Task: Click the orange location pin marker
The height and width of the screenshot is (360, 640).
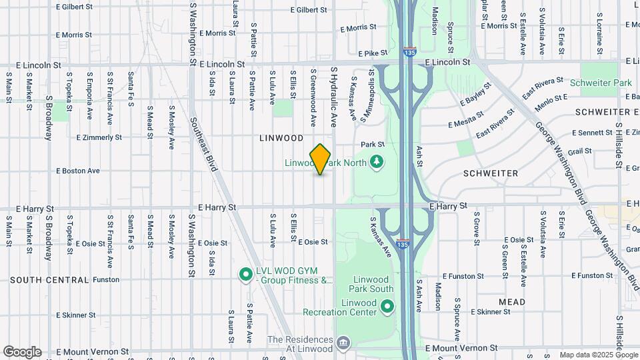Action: (x=321, y=159)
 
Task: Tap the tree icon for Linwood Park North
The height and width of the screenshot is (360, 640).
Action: (x=377, y=161)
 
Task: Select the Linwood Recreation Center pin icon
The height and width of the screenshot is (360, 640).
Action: (x=387, y=306)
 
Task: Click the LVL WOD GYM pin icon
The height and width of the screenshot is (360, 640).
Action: (x=245, y=273)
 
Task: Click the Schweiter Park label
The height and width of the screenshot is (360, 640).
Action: (x=600, y=83)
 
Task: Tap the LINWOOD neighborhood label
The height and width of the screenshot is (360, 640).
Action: (x=281, y=138)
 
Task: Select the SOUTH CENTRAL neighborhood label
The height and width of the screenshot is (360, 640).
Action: (x=45, y=280)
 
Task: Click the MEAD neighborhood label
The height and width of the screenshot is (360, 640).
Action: (x=511, y=302)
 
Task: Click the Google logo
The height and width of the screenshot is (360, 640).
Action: (x=22, y=352)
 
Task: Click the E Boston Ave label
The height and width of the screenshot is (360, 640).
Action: (x=78, y=171)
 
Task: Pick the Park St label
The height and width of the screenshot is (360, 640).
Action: (x=373, y=144)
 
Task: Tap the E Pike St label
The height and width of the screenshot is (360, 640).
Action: (x=373, y=53)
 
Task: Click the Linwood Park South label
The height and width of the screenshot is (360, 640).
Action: (x=371, y=284)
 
